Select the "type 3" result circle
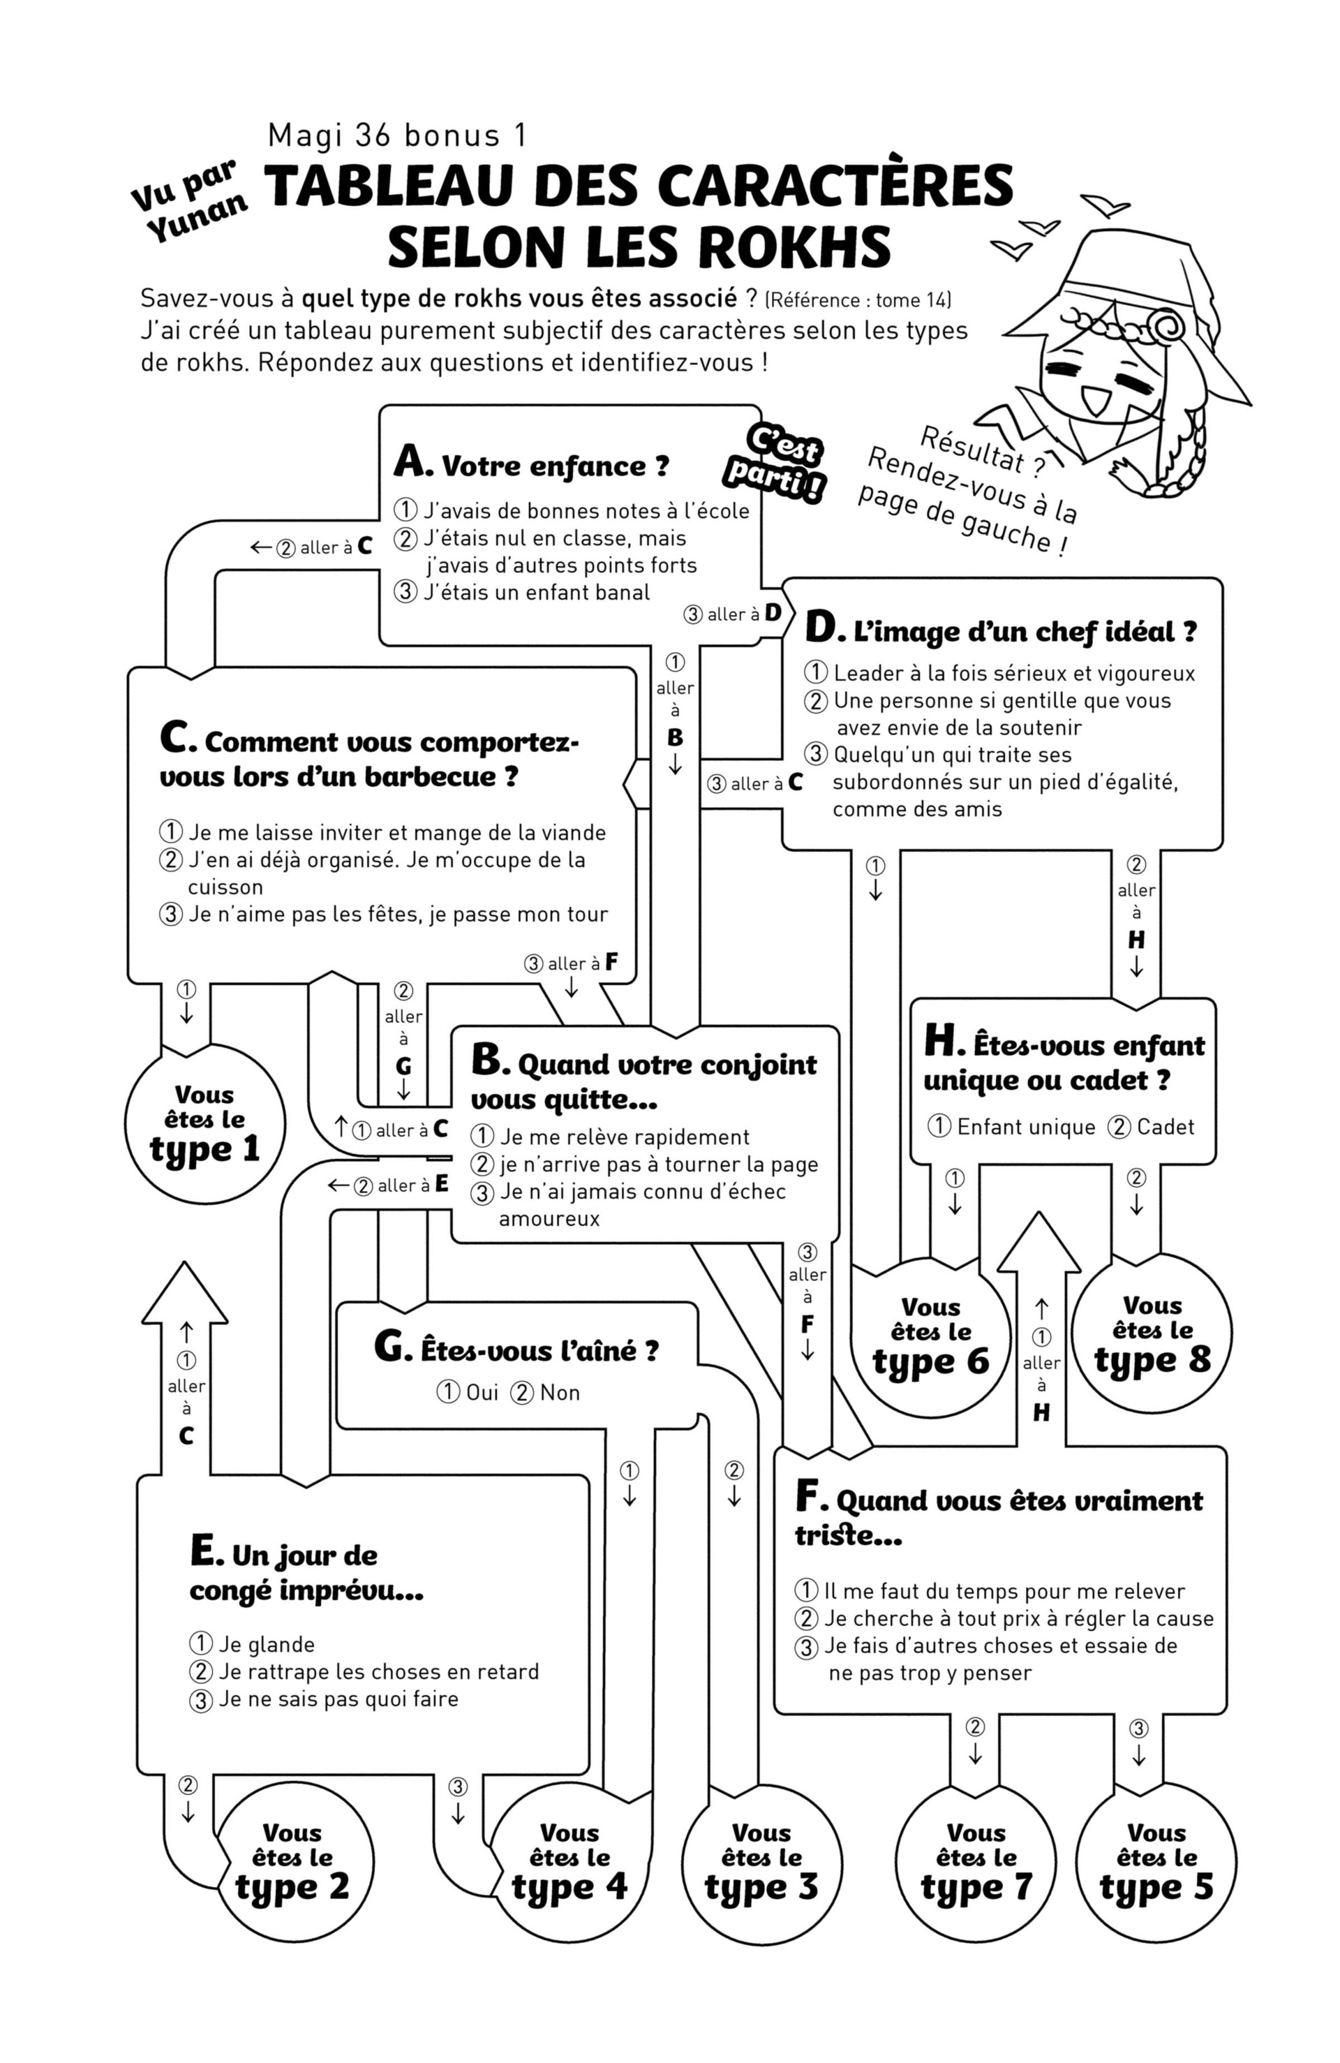click(x=761, y=1861)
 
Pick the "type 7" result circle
click(x=975, y=1861)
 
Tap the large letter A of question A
click(x=410, y=461)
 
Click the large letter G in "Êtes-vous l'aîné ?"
click(x=391, y=1346)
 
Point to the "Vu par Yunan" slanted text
click(x=189, y=200)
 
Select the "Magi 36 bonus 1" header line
click(x=397, y=135)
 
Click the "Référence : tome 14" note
click(x=858, y=300)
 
